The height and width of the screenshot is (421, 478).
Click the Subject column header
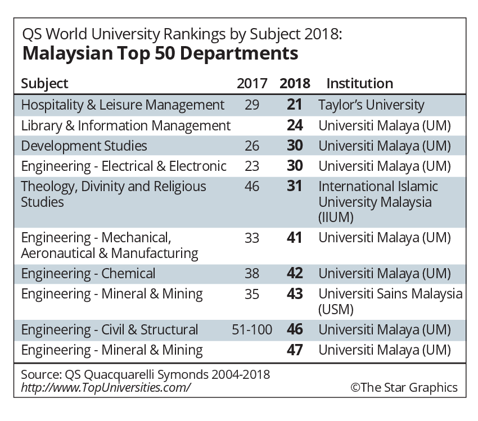(44, 84)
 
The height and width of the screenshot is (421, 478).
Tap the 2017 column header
(252, 84)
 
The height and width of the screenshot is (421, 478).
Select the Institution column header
(359, 84)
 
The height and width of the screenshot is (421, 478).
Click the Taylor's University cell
(371, 105)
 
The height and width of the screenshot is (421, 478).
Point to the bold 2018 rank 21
(294, 105)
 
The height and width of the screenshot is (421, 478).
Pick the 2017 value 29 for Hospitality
(252, 105)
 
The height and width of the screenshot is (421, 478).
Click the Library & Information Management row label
(125, 125)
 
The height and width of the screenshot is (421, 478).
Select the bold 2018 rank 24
(294, 125)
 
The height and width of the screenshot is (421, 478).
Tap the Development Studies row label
(84, 146)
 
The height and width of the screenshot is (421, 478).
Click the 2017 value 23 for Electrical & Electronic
(252, 166)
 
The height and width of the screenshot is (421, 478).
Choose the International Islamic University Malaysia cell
(378, 201)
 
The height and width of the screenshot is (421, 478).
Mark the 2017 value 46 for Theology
(252, 187)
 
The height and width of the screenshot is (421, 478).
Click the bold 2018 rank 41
(294, 238)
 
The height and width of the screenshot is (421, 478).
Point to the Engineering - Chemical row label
(88, 274)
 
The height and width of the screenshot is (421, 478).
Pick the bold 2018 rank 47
(294, 350)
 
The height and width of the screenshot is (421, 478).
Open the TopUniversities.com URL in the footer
(106, 387)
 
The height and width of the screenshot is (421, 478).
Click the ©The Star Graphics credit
(403, 387)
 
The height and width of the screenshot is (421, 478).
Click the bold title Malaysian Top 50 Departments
(160, 54)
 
